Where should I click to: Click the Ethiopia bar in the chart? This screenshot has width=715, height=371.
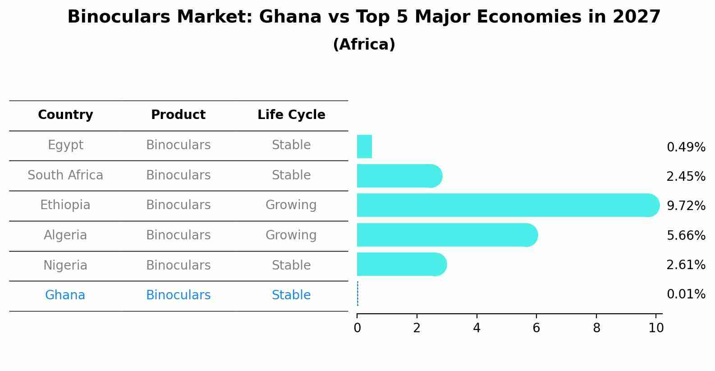pos(505,206)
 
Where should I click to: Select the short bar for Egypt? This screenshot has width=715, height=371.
pos(364,147)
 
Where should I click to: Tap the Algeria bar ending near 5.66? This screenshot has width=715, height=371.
pos(446,235)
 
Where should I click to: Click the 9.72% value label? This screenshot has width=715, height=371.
pos(686,206)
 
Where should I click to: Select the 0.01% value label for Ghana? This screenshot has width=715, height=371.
pos(686,294)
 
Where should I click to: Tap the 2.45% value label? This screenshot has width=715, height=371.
pos(686,176)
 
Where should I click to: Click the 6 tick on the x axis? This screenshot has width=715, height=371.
pos(536,328)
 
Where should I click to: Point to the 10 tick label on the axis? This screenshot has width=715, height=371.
pos(656,328)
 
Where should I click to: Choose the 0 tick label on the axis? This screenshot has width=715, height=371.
pos(357,328)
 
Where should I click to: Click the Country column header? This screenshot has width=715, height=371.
pos(65,115)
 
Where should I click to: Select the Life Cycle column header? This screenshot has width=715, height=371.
pos(291,115)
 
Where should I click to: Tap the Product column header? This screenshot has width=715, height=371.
pos(178,115)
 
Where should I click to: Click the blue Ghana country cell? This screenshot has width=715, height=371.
pos(65,295)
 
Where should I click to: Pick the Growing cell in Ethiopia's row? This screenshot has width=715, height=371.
pos(291,205)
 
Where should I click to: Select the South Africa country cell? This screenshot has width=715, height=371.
pos(65,175)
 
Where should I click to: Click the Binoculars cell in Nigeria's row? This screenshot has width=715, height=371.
pos(178,266)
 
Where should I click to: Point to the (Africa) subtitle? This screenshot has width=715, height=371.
pos(364,45)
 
